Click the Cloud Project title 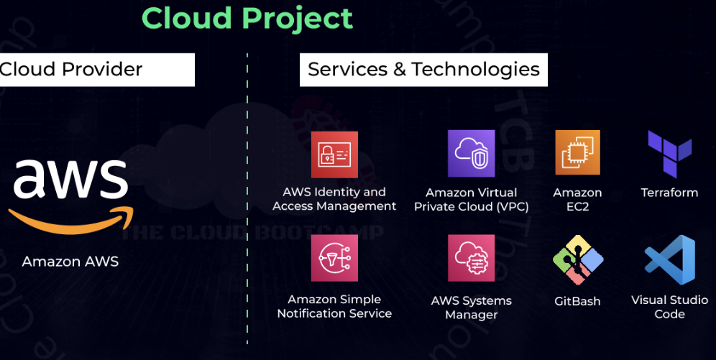(x=247, y=18)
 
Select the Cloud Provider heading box (x=96, y=69)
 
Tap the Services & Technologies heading (x=423, y=69)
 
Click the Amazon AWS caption (x=70, y=262)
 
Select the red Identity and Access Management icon (x=334, y=154)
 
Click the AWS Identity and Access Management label (x=334, y=199)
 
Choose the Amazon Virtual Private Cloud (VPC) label (x=471, y=200)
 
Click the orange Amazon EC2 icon (x=577, y=152)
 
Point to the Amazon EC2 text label (x=577, y=200)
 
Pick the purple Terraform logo (x=669, y=154)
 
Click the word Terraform (x=669, y=193)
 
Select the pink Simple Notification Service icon (x=334, y=257)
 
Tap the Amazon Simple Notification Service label (x=334, y=306)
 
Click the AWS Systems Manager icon (x=471, y=258)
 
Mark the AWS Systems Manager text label (x=471, y=308)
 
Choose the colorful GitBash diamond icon (x=577, y=259)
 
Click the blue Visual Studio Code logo (x=669, y=259)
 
